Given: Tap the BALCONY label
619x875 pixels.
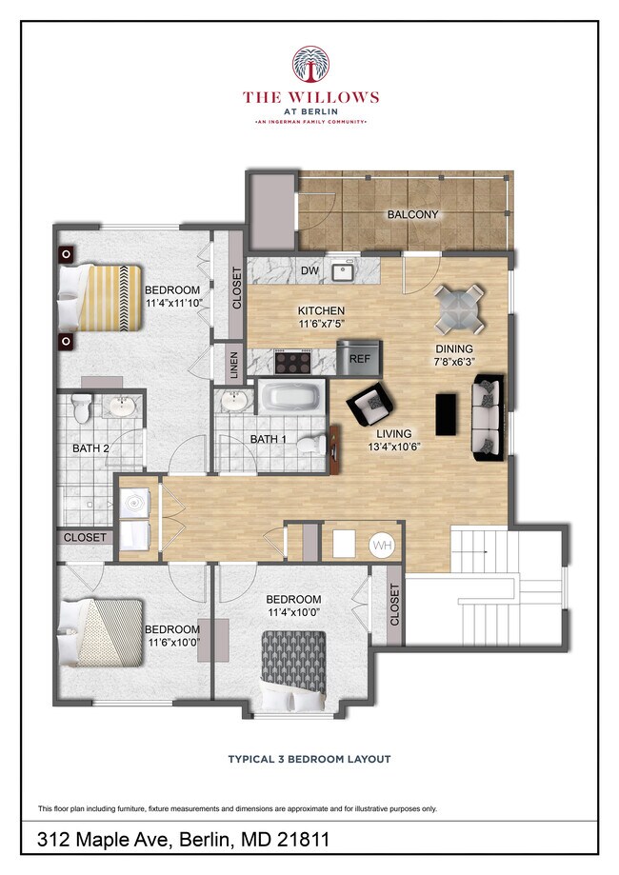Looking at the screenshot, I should coord(412,215).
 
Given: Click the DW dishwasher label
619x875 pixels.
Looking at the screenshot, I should coord(309,271).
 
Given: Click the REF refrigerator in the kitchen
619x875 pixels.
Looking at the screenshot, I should coord(359,359).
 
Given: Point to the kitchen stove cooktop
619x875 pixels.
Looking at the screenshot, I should coord(293,361).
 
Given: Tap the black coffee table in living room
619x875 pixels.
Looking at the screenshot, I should coord(446,412).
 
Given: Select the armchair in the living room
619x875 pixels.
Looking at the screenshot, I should coord(369,408).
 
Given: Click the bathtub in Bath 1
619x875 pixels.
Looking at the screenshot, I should coord(292,396).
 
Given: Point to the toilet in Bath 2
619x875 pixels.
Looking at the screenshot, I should coord(83,408).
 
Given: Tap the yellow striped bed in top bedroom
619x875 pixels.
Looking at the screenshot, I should coord(101,297).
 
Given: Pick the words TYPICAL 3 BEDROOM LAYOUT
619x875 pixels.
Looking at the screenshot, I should coord(309,760).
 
